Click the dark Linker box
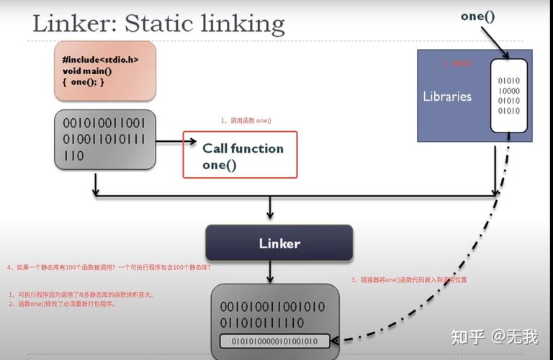(x=279, y=243)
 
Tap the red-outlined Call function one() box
(x=240, y=154)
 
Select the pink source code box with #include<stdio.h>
(x=104, y=70)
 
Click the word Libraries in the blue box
(x=447, y=96)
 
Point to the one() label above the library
(x=477, y=15)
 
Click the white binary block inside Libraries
(x=509, y=96)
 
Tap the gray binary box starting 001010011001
(x=104, y=139)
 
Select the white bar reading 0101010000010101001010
(x=274, y=341)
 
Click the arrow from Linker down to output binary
(x=270, y=271)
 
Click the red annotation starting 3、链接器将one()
(x=409, y=279)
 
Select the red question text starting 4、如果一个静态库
(x=109, y=267)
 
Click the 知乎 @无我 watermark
(x=494, y=336)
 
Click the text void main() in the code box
(x=87, y=71)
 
